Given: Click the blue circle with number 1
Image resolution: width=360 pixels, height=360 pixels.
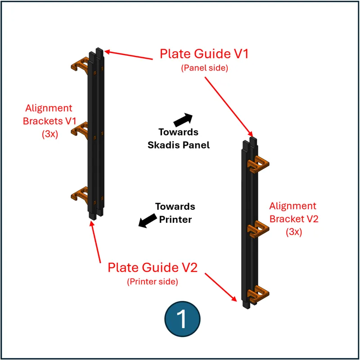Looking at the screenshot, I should [182, 319].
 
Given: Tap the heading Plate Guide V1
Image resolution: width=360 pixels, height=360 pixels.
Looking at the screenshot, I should [204, 54].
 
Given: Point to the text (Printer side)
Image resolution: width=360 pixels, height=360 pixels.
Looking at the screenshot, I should [153, 282].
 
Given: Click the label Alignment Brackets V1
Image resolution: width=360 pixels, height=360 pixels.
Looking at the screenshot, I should [48, 114].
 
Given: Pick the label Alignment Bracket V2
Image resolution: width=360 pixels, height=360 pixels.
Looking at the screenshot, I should [292, 212].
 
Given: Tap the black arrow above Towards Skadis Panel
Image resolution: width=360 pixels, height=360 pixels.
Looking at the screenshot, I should [182, 119].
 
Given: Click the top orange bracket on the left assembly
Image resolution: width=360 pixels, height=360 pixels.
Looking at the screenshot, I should [81, 64].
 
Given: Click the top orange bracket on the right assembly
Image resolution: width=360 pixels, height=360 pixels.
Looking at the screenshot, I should [260, 164].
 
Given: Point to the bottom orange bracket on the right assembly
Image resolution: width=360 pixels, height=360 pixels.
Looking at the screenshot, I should [260, 293].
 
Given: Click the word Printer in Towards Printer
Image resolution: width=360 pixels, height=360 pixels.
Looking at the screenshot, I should [175, 220].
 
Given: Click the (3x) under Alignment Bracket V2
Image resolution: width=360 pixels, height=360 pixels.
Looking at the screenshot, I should [293, 232].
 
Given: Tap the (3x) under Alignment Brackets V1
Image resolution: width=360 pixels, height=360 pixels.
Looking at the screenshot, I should [49, 134].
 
